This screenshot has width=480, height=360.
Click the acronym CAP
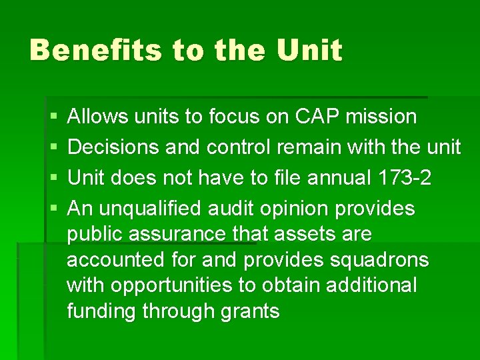click(x=310, y=117)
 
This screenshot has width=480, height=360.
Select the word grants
click(x=249, y=311)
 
